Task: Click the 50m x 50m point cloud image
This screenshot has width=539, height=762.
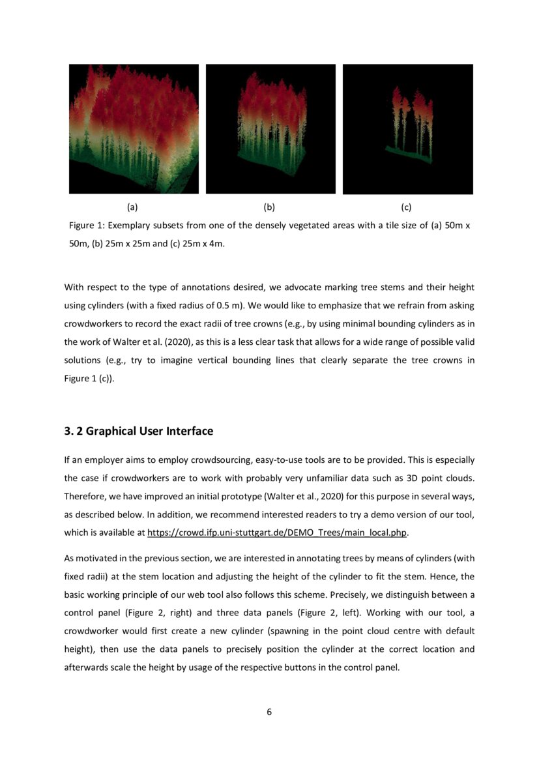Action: (134, 128)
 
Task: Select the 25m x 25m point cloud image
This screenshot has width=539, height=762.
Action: (270, 128)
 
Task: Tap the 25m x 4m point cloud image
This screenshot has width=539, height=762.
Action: (407, 128)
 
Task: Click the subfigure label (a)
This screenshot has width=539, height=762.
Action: (132, 207)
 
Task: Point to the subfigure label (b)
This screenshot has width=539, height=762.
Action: (269, 207)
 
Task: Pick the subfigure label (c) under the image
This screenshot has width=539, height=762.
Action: (406, 207)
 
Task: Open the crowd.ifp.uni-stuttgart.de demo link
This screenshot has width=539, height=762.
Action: (278, 533)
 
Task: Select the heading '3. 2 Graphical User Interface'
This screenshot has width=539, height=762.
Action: (138, 432)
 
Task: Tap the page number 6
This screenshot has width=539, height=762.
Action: (269, 712)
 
